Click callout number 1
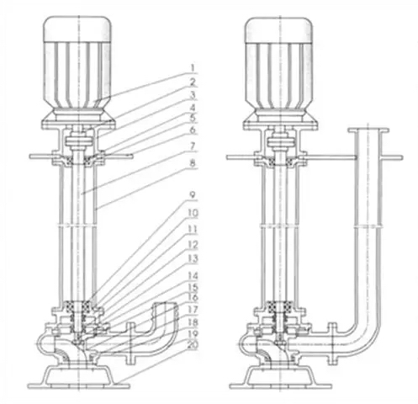(x=193, y=68)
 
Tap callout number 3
(x=193, y=95)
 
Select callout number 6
(x=193, y=130)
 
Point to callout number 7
(x=193, y=146)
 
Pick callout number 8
(x=193, y=163)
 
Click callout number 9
(x=193, y=195)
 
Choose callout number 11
(x=193, y=229)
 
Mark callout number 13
(x=193, y=258)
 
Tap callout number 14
(x=193, y=275)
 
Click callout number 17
(x=193, y=310)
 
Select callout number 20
(x=193, y=345)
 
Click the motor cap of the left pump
(x=77, y=28)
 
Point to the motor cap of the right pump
(x=279, y=29)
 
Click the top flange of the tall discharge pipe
(x=368, y=130)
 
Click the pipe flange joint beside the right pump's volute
(x=332, y=343)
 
